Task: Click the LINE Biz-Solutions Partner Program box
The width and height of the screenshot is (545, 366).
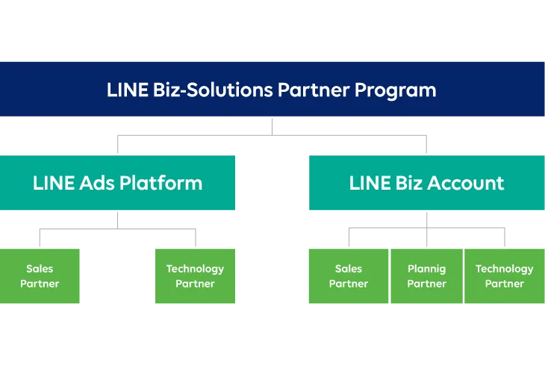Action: tap(272, 90)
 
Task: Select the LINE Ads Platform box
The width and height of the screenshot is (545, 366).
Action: tap(118, 184)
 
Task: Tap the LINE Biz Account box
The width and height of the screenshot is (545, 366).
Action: tap(426, 184)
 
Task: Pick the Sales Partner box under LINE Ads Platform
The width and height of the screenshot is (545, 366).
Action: tap(40, 276)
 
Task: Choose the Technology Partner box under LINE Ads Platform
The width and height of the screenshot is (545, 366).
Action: tap(196, 276)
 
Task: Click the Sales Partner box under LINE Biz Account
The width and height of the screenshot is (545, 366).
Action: tap(348, 276)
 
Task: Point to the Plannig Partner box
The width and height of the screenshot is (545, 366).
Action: tap(426, 276)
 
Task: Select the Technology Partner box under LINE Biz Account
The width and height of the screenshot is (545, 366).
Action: tap(505, 276)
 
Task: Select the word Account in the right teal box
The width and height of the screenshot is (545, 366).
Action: tap(470, 183)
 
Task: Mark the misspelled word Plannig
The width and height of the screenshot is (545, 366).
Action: tap(426, 269)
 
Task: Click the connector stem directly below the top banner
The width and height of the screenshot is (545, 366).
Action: tap(272, 125)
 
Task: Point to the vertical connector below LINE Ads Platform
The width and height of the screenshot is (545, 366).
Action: tap(118, 221)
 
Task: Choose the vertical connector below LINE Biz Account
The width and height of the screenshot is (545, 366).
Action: tap(426, 221)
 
